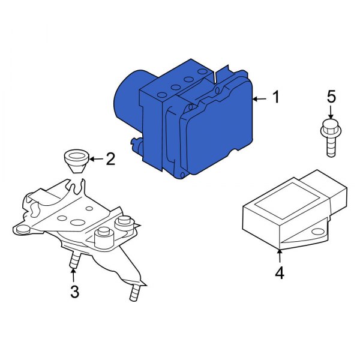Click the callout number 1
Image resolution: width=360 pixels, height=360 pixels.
[275, 98]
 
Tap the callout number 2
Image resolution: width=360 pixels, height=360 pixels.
[110, 159]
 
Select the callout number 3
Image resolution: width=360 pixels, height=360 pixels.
[74, 292]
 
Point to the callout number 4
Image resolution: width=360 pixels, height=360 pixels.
[279, 273]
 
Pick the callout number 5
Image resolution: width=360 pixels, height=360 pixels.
[331, 97]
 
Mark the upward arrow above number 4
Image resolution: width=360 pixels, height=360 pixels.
[280, 255]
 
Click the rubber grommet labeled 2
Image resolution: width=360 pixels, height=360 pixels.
[76, 161]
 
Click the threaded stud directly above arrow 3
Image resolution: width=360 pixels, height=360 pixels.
[74, 261]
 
